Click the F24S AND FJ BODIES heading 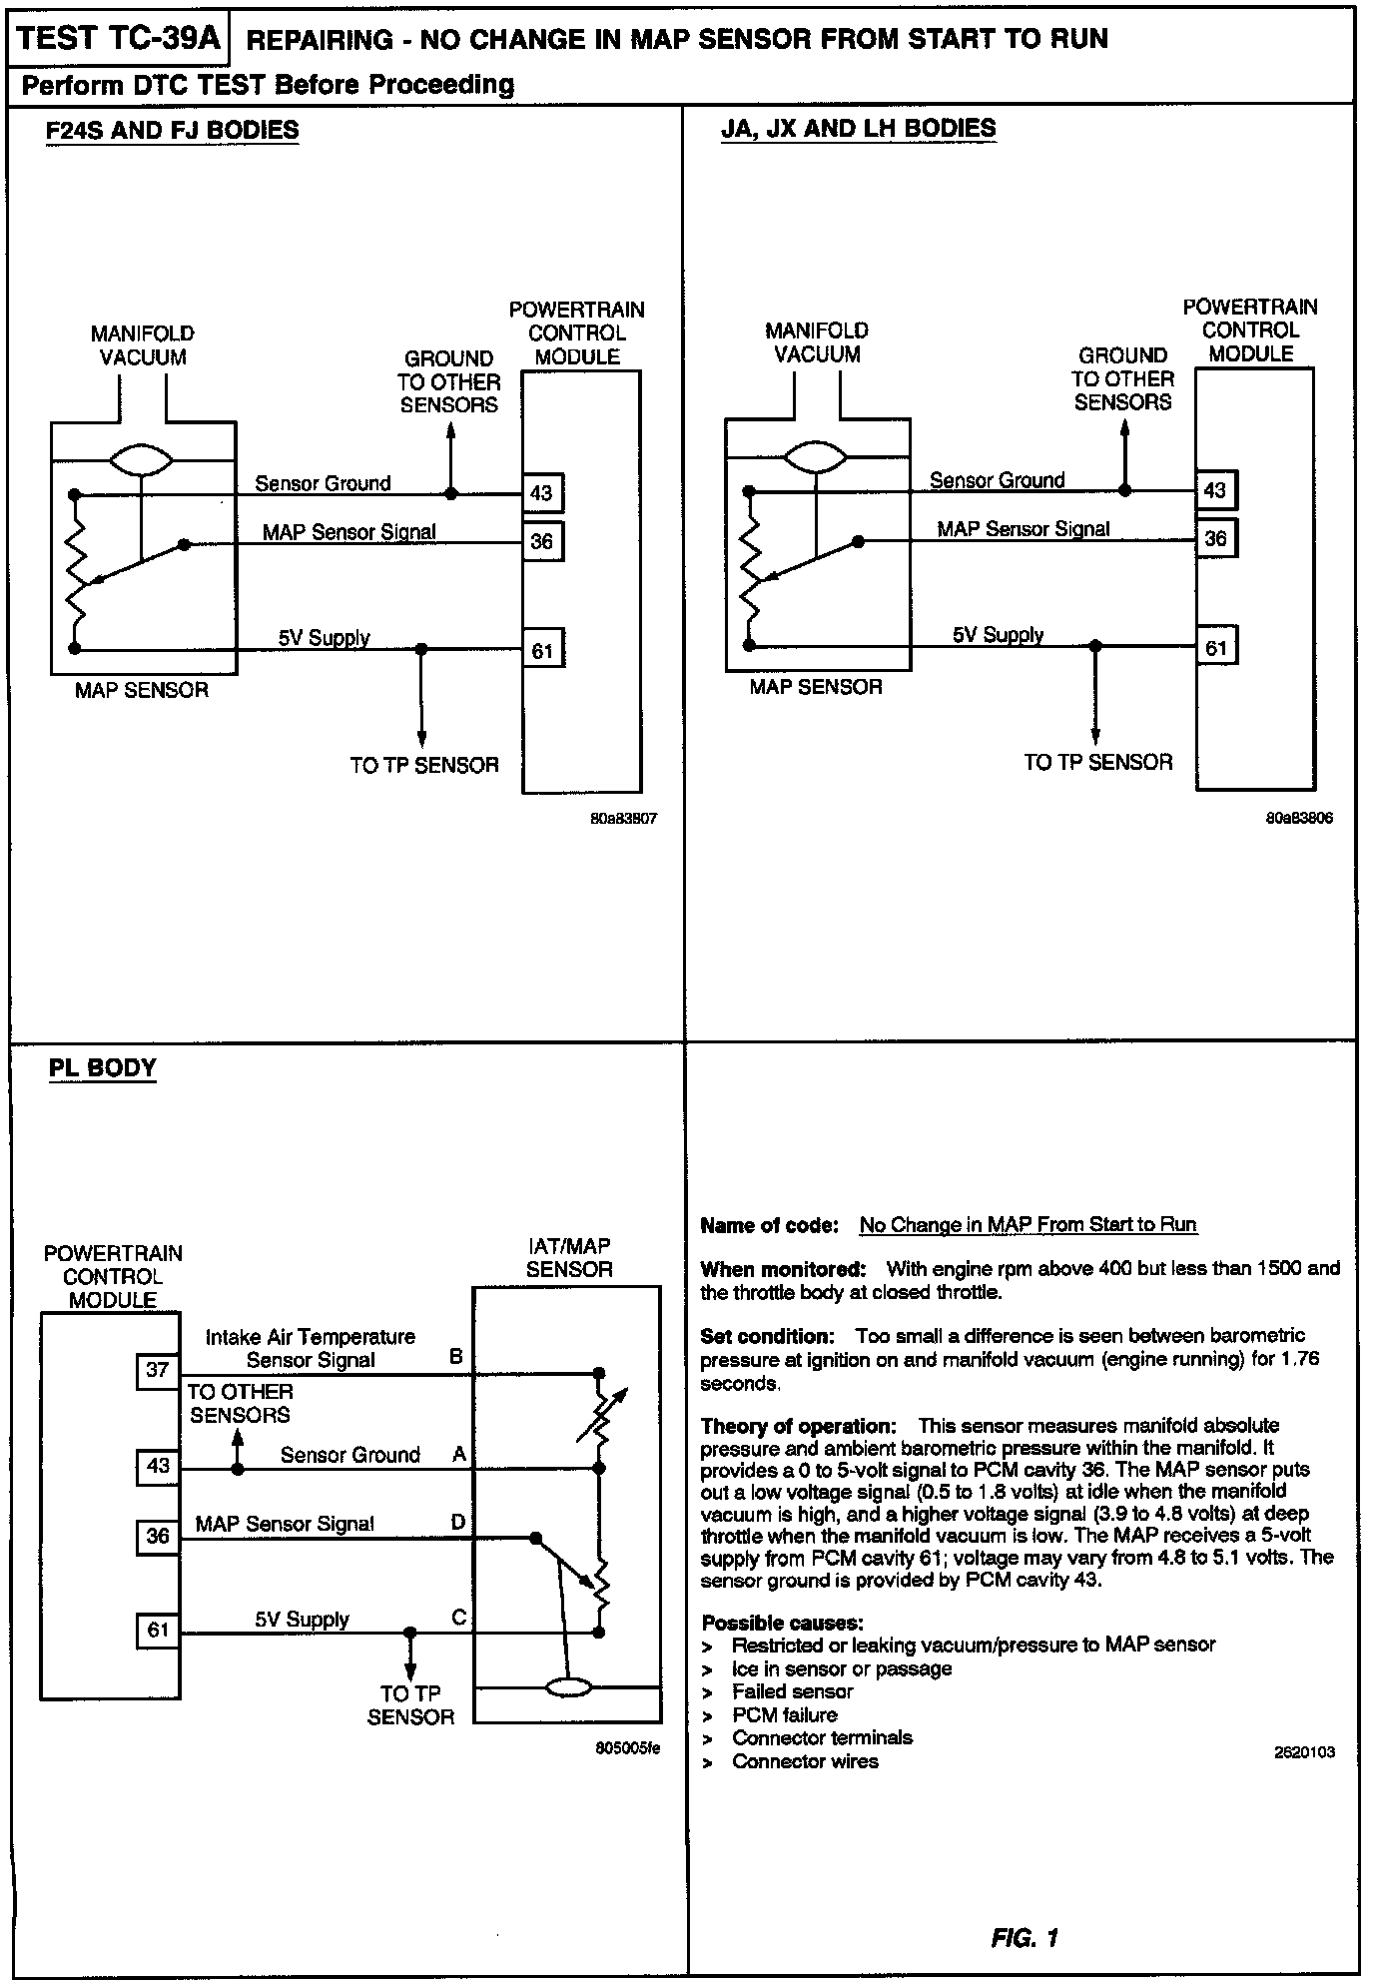pyautogui.click(x=172, y=130)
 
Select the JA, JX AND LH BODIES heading pyautogui.click(x=858, y=128)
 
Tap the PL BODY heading pyautogui.click(x=103, y=1067)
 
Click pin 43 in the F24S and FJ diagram pyautogui.click(x=542, y=492)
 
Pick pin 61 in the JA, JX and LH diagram pyautogui.click(x=1216, y=647)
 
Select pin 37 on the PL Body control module pyautogui.click(x=158, y=1370)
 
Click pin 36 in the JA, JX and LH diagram pyautogui.click(x=1215, y=538)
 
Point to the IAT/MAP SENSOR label pyautogui.click(x=568, y=1257)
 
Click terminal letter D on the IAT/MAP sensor pyautogui.click(x=457, y=1522)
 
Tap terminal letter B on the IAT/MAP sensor pyautogui.click(x=456, y=1356)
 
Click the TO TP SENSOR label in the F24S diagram pyautogui.click(x=424, y=765)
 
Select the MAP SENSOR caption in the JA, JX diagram pyautogui.click(x=816, y=687)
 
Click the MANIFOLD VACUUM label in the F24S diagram pyautogui.click(x=143, y=345)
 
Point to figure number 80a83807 pyautogui.click(x=623, y=819)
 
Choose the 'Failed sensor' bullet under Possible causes pyautogui.click(x=792, y=1691)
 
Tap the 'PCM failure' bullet pyautogui.click(x=784, y=1714)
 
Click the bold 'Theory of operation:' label pyautogui.click(x=798, y=1425)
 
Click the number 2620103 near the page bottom pyautogui.click(x=1304, y=1751)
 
